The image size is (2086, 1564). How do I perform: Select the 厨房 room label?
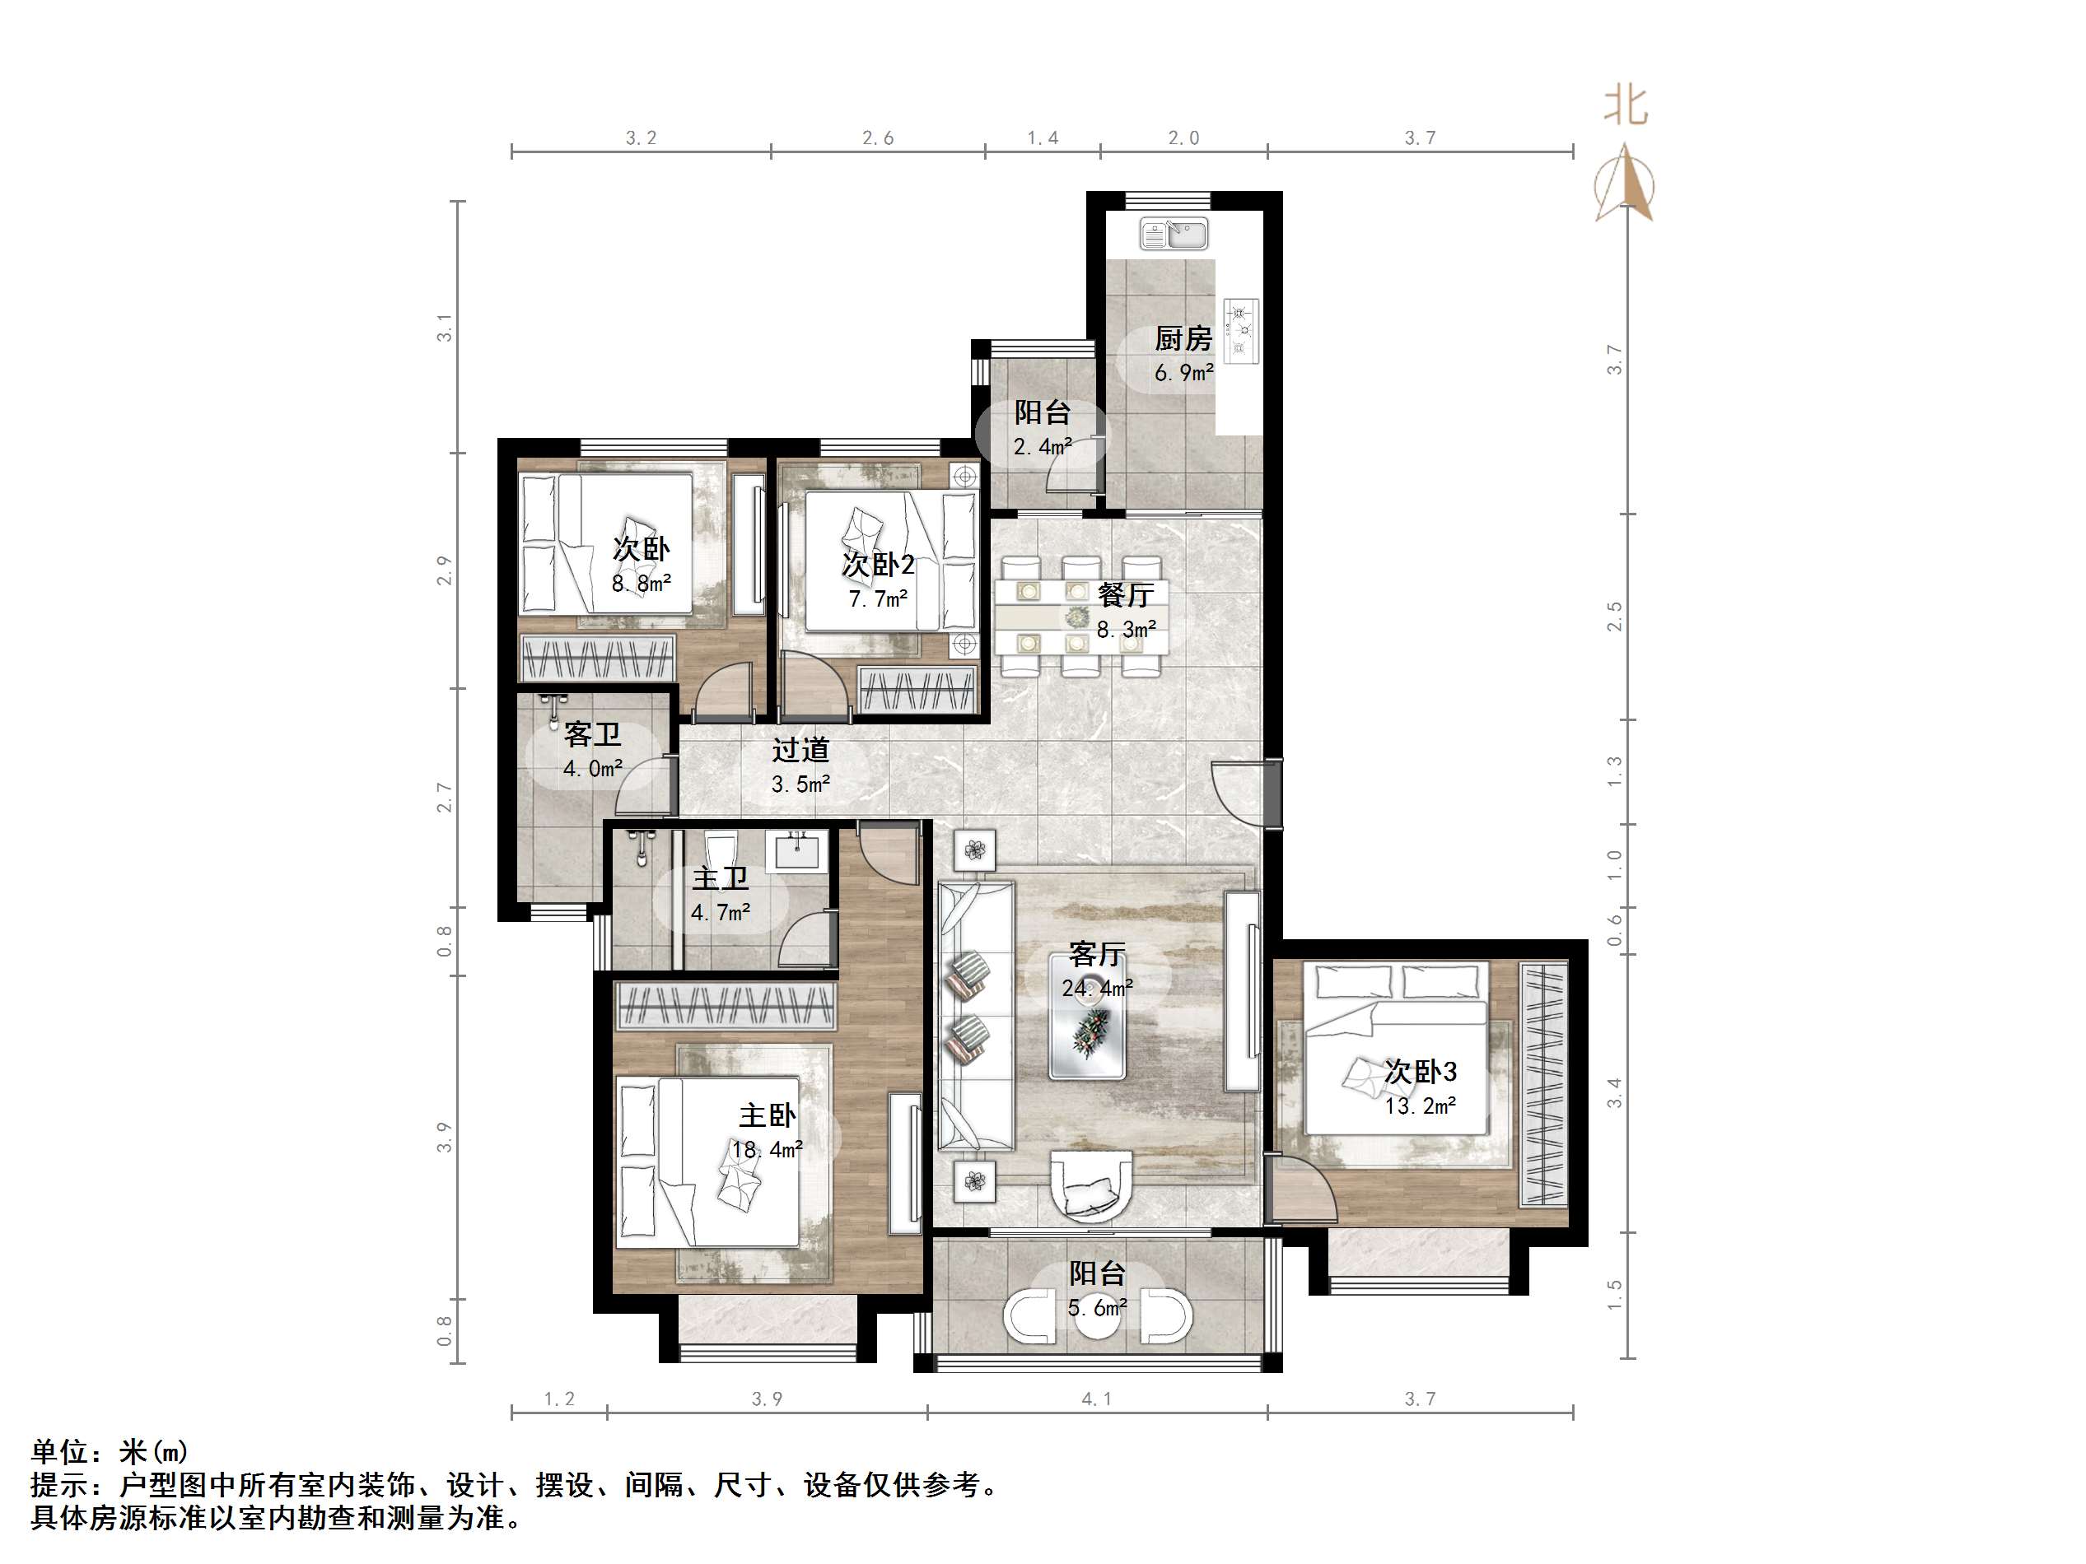pyautogui.click(x=1183, y=338)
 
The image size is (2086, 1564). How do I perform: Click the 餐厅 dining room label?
pyautogui.click(x=1125, y=595)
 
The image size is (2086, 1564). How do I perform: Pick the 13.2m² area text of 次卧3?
pyautogui.click(x=1421, y=1106)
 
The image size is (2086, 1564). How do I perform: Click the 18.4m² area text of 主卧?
pyautogui.click(x=767, y=1149)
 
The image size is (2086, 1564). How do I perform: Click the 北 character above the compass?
pyautogui.click(x=1626, y=105)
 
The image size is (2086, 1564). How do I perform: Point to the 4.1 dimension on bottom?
pyautogui.click(x=1096, y=1399)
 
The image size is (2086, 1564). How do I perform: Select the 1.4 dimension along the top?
pyautogui.click(x=1042, y=138)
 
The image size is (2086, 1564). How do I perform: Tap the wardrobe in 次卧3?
pyautogui.click(x=1542, y=1084)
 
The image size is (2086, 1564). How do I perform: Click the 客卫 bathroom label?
pyautogui.click(x=592, y=734)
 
